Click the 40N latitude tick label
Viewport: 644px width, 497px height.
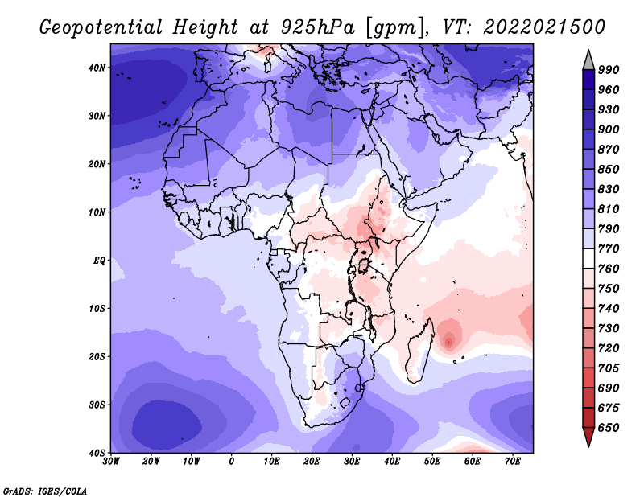point(97,68)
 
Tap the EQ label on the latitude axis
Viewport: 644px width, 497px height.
point(99,261)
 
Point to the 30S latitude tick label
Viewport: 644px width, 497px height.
point(97,405)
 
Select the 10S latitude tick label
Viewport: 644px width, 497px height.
point(97,308)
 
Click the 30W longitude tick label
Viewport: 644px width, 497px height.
point(111,462)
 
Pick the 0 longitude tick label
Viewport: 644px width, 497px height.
point(232,462)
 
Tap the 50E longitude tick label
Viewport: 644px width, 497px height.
point(432,462)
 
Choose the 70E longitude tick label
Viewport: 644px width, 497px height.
point(513,462)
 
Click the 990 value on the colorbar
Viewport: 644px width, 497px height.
point(609,70)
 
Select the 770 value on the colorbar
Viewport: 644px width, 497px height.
point(609,249)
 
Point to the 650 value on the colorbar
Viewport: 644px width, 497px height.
point(609,428)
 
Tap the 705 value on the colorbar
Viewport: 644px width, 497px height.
point(609,368)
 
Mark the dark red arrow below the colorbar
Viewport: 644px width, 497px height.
point(588,436)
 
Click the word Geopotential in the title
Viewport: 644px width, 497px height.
point(101,27)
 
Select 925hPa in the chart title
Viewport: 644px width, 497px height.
point(318,27)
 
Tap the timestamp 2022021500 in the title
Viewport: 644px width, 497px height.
point(544,27)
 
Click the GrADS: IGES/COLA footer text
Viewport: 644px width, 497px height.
point(45,491)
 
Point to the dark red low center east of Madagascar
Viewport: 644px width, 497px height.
point(448,342)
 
